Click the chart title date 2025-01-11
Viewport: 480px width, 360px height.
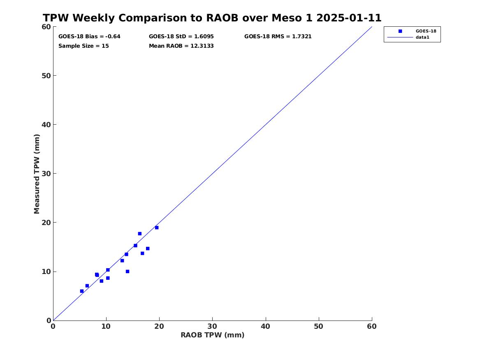click(349, 18)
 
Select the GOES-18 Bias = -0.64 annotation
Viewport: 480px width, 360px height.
click(89, 37)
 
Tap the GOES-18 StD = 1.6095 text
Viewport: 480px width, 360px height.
click(181, 37)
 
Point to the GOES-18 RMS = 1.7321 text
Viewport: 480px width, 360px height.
click(278, 37)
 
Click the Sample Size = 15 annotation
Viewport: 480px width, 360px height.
click(83, 46)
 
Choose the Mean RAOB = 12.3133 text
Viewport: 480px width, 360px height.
click(181, 46)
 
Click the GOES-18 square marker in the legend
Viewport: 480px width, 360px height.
click(400, 31)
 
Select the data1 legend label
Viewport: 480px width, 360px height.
click(422, 37)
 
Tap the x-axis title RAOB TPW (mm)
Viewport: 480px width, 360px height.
click(213, 335)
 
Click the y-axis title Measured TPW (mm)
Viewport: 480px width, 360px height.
click(37, 174)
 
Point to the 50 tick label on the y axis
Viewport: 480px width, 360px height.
click(46, 76)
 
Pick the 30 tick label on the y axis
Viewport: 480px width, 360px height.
click(46, 174)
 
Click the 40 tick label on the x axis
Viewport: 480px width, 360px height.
click(266, 326)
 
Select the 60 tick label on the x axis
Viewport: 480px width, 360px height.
click(372, 326)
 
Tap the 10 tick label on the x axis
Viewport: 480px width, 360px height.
click(106, 326)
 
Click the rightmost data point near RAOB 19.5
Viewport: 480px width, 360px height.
click(157, 228)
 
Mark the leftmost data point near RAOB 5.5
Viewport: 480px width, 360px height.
click(82, 291)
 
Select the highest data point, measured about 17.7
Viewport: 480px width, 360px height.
click(139, 234)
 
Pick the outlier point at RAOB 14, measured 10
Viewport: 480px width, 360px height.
click(128, 272)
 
